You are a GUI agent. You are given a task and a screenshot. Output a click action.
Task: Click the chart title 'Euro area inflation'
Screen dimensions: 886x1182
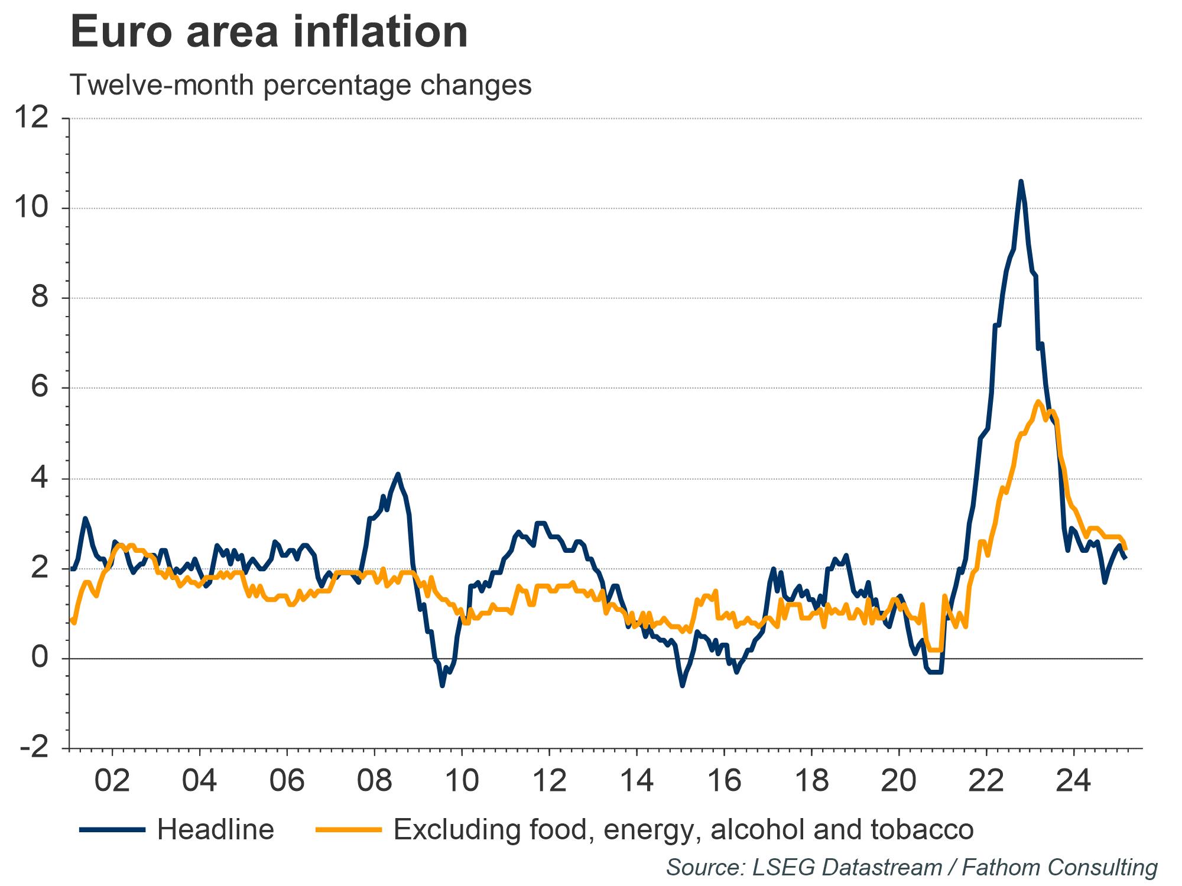(269, 32)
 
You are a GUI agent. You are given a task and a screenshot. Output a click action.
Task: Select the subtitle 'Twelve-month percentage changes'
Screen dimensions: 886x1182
(301, 85)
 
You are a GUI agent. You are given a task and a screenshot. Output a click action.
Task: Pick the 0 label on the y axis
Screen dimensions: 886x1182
(40, 658)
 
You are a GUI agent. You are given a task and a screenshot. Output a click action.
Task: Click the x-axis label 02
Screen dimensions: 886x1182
(112, 781)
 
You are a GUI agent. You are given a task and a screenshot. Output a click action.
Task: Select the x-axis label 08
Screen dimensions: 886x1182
(375, 781)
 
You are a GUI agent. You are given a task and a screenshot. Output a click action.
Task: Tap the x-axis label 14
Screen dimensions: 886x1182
(637, 781)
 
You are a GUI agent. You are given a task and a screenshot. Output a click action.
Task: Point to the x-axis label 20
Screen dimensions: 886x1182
(899, 781)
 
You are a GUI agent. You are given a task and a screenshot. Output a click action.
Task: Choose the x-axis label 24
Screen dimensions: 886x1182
(1074, 781)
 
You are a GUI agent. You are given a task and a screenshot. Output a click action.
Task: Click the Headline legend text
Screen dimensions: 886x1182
(216, 829)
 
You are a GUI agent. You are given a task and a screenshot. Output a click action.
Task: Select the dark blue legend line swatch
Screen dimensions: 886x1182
(112, 830)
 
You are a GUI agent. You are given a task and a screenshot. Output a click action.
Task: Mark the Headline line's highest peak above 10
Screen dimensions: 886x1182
(1021, 181)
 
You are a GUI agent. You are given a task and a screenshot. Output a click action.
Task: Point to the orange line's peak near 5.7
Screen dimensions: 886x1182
(1038, 402)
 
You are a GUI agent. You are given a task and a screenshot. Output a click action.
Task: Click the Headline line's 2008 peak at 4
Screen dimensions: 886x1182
(398, 474)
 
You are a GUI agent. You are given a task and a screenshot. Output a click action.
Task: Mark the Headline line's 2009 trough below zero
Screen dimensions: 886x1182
(442, 686)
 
